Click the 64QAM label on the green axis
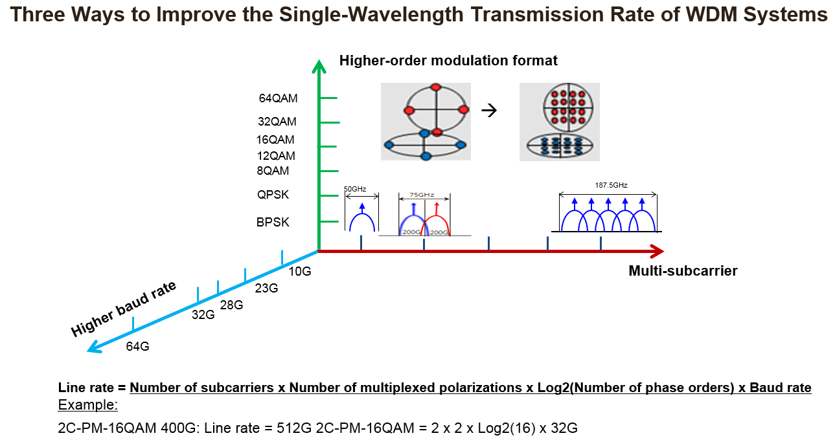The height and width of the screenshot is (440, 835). pyautogui.click(x=278, y=99)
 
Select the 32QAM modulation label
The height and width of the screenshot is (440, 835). pyautogui.click(x=277, y=121)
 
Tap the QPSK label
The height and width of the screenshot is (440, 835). pyautogui.click(x=273, y=195)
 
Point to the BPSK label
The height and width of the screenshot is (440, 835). pyautogui.click(x=273, y=222)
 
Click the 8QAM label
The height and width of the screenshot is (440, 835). pyautogui.click(x=272, y=171)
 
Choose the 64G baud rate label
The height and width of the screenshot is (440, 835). pyautogui.click(x=138, y=346)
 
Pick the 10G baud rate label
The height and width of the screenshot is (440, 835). pyautogui.click(x=299, y=271)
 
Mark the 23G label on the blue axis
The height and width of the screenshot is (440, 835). pyautogui.click(x=266, y=288)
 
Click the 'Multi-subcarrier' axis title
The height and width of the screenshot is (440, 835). pyautogui.click(x=683, y=270)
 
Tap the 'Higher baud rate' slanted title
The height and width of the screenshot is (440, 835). pyautogui.click(x=124, y=309)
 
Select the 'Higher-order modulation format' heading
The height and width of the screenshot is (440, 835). pyautogui.click(x=448, y=61)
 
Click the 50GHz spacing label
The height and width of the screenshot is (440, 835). pyautogui.click(x=355, y=189)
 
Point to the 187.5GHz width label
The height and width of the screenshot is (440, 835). pyautogui.click(x=611, y=185)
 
